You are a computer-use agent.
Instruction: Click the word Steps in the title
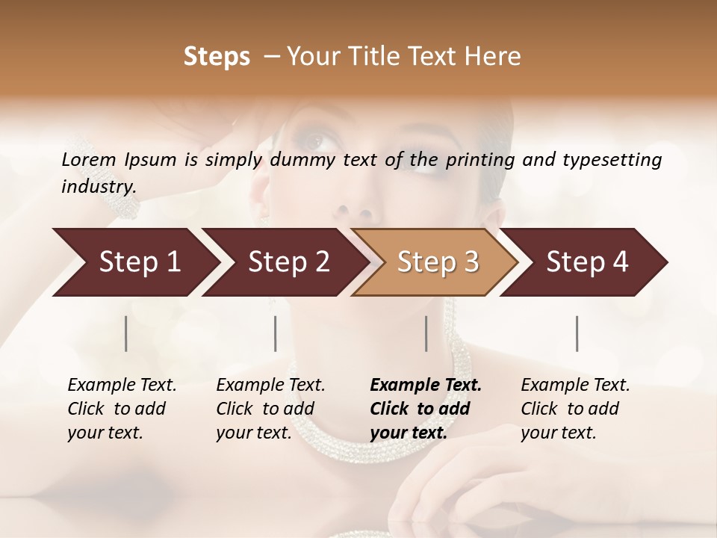(217, 57)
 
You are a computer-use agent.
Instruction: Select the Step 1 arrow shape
(134, 262)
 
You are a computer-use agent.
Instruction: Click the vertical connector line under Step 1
(126, 333)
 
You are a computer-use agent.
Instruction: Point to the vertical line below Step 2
(276, 333)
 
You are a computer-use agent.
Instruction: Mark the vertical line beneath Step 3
(426, 333)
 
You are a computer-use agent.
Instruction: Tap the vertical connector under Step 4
(577, 333)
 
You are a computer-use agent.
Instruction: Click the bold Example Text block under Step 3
(426, 409)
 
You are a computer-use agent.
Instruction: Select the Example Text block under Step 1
(122, 409)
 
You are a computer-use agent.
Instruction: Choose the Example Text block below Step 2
(270, 409)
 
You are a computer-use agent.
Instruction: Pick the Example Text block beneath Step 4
(575, 409)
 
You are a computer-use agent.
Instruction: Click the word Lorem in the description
(89, 160)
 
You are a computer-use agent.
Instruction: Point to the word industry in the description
(99, 187)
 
